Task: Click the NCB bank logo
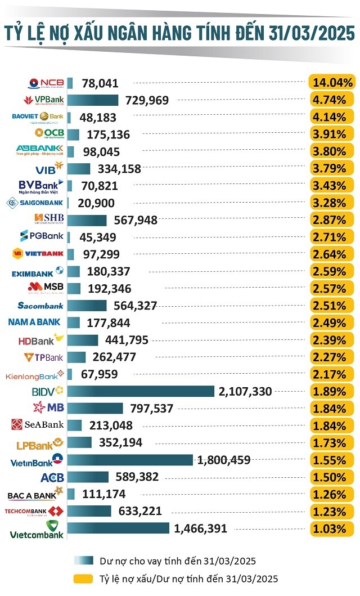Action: pos(47,83)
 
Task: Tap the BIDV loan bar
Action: pos(141,391)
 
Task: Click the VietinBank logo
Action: pos(37,460)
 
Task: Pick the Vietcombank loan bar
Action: pos(118,528)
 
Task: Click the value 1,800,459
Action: pos(224,460)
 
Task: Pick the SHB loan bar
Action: pos(87,220)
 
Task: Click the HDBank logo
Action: pos(41,340)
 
